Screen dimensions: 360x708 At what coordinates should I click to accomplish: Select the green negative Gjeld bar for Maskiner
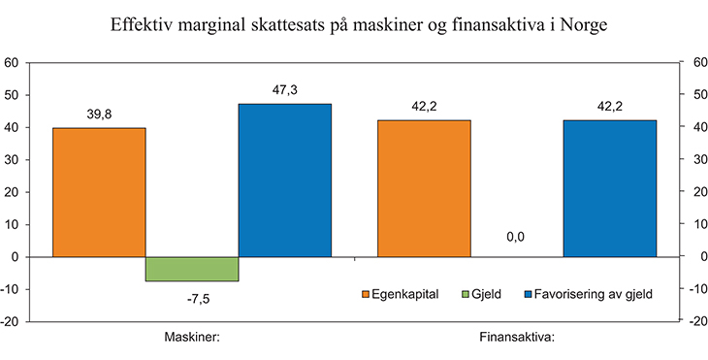[x=192, y=269]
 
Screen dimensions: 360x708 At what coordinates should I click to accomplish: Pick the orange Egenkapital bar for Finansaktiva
[x=424, y=188]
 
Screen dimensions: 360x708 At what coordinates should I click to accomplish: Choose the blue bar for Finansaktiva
[x=609, y=188]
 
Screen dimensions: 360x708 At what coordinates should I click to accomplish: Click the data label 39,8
[x=99, y=114]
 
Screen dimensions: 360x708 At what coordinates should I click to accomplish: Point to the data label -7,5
[x=192, y=297]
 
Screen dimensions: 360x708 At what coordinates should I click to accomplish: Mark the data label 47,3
[x=285, y=89]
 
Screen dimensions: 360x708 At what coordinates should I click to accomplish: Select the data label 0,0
[x=516, y=236]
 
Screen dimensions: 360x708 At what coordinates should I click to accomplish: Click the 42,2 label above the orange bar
[x=424, y=106]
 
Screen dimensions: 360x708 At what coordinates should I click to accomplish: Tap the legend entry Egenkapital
[x=401, y=292]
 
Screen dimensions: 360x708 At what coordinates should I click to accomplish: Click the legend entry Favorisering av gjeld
[x=588, y=292]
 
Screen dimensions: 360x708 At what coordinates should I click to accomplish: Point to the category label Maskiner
[x=191, y=339]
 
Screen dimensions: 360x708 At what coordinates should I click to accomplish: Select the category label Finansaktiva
[x=516, y=339]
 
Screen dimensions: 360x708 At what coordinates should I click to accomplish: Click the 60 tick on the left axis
[x=14, y=63]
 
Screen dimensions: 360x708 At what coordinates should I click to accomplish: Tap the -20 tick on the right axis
[x=696, y=321]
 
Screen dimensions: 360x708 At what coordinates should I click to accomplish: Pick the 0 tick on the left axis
[x=16, y=257]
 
